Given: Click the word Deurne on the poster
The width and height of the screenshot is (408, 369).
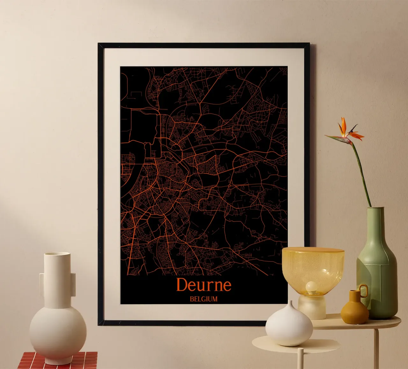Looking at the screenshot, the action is click(x=203, y=285).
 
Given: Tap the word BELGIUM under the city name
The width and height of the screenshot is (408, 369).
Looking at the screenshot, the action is click(x=203, y=299).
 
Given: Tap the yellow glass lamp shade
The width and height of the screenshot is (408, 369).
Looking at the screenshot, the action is click(x=313, y=267).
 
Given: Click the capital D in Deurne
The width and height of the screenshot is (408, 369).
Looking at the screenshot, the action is click(x=181, y=285).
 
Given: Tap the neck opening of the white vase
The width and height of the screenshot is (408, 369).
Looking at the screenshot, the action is click(x=57, y=254).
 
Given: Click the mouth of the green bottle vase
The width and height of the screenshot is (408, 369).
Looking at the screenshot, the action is click(x=375, y=209).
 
